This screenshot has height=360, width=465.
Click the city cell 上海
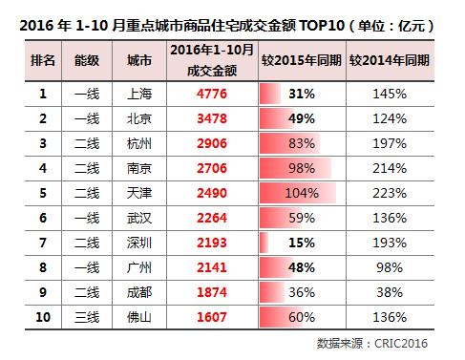tap(138, 95)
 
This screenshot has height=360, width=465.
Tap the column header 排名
tap(44, 60)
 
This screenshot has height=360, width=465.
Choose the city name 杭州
tap(138, 143)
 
